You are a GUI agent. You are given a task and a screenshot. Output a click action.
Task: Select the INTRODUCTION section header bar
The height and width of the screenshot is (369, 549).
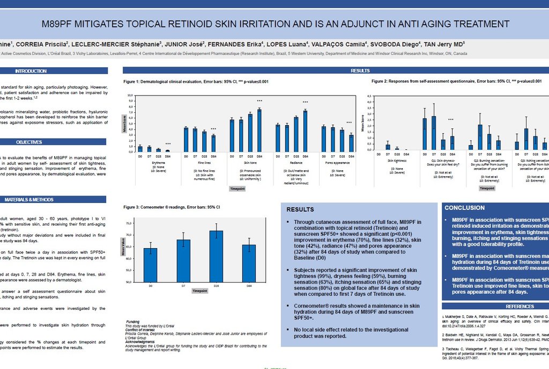pyautogui.click(x=31, y=71)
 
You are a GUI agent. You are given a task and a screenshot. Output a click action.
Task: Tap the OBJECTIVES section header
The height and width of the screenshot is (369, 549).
pyautogui.click(x=29, y=142)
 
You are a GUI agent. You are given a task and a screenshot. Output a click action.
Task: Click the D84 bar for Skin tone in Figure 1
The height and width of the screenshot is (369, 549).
pyautogui.click(x=259, y=131)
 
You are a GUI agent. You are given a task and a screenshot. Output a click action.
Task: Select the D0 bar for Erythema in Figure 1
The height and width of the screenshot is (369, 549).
pyautogui.click(x=140, y=149)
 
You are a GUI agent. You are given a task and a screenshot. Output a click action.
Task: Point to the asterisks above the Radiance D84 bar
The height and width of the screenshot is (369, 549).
pyautogui.click(x=305, y=102)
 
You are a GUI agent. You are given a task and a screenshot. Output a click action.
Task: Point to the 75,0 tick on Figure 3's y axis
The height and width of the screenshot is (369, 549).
pyautogui.click(x=129, y=223)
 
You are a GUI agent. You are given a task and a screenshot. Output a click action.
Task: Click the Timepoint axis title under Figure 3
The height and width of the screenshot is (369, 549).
pyautogui.click(x=200, y=291)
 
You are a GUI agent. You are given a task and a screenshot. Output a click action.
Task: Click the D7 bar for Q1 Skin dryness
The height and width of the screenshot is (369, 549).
pyautogui.click(x=434, y=133)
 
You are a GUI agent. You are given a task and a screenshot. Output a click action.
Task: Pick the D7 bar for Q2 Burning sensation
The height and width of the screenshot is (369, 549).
pyautogui.click(x=480, y=137)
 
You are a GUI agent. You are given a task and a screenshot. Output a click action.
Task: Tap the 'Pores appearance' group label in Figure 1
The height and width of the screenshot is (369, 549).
pyautogui.click(x=337, y=162)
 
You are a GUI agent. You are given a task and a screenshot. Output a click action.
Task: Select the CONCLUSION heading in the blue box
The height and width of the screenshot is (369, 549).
pyautogui.click(x=464, y=208)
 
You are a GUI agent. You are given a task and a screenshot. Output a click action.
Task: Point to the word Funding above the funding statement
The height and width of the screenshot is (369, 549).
pyautogui.click(x=132, y=322)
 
